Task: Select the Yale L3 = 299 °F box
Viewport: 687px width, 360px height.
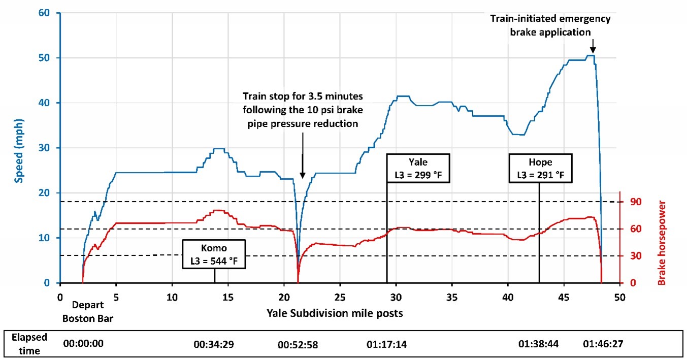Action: coord(418,168)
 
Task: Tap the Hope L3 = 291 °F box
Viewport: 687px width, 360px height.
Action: coord(540,168)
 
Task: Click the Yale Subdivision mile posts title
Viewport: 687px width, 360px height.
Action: coord(335,313)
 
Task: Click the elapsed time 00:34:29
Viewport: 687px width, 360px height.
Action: coord(213,344)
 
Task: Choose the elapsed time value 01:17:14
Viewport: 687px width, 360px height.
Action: coord(386,344)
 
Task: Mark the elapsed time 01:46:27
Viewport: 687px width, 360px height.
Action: coord(603,344)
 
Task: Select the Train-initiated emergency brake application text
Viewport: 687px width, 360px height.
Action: coord(550,25)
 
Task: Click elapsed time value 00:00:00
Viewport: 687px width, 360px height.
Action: coord(83,344)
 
